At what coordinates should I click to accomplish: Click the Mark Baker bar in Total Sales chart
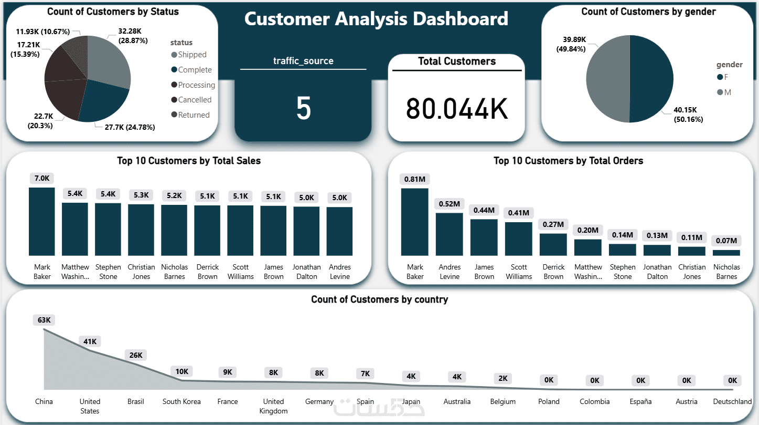tap(41, 221)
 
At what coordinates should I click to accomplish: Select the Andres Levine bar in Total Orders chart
tap(450, 234)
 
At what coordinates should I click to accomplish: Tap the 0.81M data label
tap(414, 179)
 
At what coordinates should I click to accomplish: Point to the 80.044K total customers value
tap(456, 108)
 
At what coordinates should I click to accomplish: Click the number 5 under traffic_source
tap(303, 108)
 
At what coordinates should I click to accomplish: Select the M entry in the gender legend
tap(727, 92)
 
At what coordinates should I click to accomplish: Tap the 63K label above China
tap(44, 320)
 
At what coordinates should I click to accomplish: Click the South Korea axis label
tap(181, 401)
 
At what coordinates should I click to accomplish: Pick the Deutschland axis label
tap(732, 401)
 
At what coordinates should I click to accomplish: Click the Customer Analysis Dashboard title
tap(376, 19)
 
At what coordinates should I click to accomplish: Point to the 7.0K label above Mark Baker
tap(42, 178)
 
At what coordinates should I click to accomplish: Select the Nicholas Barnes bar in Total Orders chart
tap(726, 252)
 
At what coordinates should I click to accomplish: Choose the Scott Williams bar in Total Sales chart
tap(240, 230)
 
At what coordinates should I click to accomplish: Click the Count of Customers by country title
tap(379, 299)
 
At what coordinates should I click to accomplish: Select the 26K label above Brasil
tap(136, 355)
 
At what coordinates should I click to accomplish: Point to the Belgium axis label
tap(503, 401)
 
